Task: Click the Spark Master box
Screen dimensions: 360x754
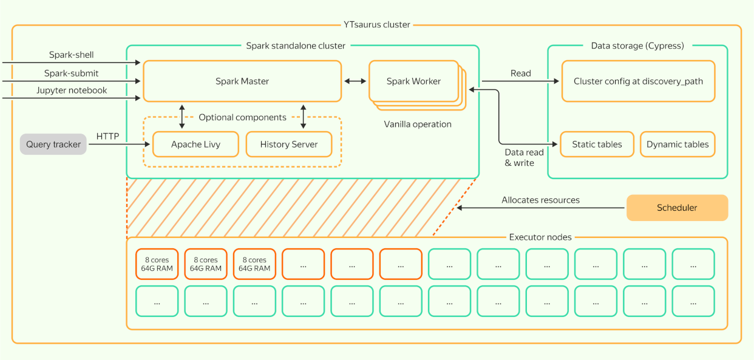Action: tap(242, 81)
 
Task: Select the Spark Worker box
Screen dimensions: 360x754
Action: tap(413, 81)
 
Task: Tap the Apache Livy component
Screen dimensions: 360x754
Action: tap(195, 144)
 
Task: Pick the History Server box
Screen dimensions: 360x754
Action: tap(289, 144)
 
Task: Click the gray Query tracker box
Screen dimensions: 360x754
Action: tap(53, 144)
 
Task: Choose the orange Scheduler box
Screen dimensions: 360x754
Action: tap(677, 208)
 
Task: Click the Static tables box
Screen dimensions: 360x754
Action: tap(597, 144)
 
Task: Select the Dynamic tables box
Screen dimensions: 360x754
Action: tap(678, 144)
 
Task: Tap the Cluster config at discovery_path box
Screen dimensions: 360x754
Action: tap(638, 81)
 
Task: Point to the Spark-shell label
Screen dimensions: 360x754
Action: tap(72, 55)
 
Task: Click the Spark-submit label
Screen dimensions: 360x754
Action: tap(71, 73)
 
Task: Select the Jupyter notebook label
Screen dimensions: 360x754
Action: tap(72, 90)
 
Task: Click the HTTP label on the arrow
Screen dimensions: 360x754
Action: tap(108, 137)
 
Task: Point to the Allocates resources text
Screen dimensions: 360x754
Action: tap(540, 200)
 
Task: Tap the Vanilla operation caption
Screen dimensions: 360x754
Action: tap(418, 124)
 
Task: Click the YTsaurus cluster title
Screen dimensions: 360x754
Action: tap(377, 25)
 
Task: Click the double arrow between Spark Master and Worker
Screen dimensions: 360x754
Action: tap(355, 81)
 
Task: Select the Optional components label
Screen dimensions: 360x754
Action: tap(242, 117)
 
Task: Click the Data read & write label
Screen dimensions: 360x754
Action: tap(520, 158)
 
